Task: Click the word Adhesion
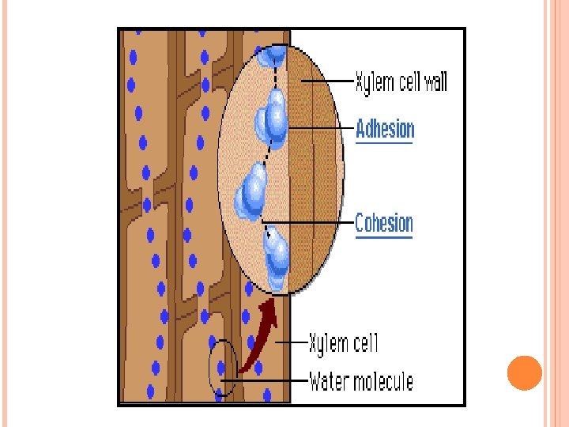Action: (x=385, y=128)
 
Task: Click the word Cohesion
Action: (x=384, y=223)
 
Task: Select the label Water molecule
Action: (x=361, y=382)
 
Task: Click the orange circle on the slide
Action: (x=524, y=373)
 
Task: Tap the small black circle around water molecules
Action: (x=221, y=367)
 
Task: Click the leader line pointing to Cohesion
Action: (x=308, y=223)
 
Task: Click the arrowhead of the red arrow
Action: (x=271, y=308)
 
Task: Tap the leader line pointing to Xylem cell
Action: (x=292, y=343)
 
